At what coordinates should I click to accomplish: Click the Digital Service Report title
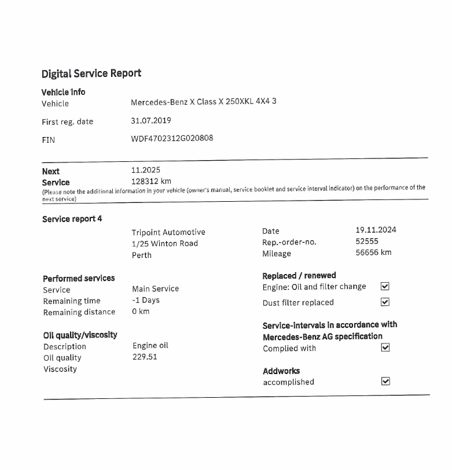point(91,73)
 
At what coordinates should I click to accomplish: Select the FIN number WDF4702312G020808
point(172,138)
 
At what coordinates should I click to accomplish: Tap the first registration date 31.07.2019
point(151,121)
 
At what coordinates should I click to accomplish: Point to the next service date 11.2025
point(146,170)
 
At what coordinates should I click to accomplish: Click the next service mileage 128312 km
point(151,181)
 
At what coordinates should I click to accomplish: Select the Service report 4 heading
point(72,219)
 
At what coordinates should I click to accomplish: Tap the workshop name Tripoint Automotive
point(168,232)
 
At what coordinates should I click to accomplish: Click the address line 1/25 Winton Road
point(165,243)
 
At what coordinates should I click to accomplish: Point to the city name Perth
point(142,255)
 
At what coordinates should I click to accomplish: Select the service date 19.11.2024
point(376,230)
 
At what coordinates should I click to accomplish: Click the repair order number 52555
point(367,241)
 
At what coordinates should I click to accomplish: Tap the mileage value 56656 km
point(373,253)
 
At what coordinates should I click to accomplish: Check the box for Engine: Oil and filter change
point(385,286)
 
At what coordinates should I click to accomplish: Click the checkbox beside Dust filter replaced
point(385,302)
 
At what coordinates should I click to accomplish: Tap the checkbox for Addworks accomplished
point(386,381)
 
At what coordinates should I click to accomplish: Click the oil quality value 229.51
point(145,357)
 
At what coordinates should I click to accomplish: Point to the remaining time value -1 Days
point(146,300)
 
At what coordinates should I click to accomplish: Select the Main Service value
point(156,288)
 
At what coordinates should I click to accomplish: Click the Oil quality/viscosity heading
point(80,335)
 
